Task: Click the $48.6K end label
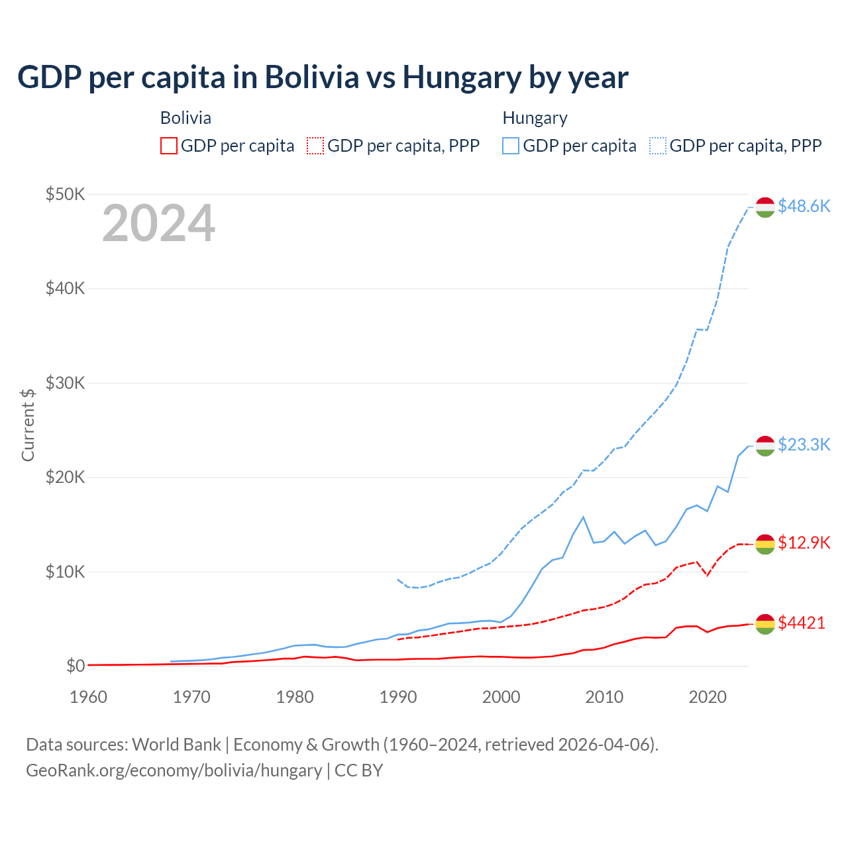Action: click(x=804, y=206)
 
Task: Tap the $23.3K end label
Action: click(x=804, y=445)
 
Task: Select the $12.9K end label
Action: click(x=804, y=543)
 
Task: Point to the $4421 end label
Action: click(x=802, y=623)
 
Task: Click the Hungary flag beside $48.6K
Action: click(x=765, y=207)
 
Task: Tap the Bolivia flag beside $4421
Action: click(x=765, y=623)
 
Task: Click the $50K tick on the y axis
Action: click(x=65, y=194)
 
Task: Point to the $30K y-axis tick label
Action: click(x=65, y=383)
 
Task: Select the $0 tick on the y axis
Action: click(x=75, y=666)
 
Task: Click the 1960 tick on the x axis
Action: click(x=88, y=697)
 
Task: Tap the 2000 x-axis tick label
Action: click(x=501, y=697)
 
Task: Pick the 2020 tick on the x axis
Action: click(x=708, y=697)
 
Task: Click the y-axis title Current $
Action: click(x=28, y=425)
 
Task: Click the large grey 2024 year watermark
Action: click(x=158, y=223)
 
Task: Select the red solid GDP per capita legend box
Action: click(x=169, y=146)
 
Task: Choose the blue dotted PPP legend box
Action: click(x=658, y=146)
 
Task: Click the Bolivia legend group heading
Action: click(x=185, y=118)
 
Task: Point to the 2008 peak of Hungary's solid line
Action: click(x=583, y=517)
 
